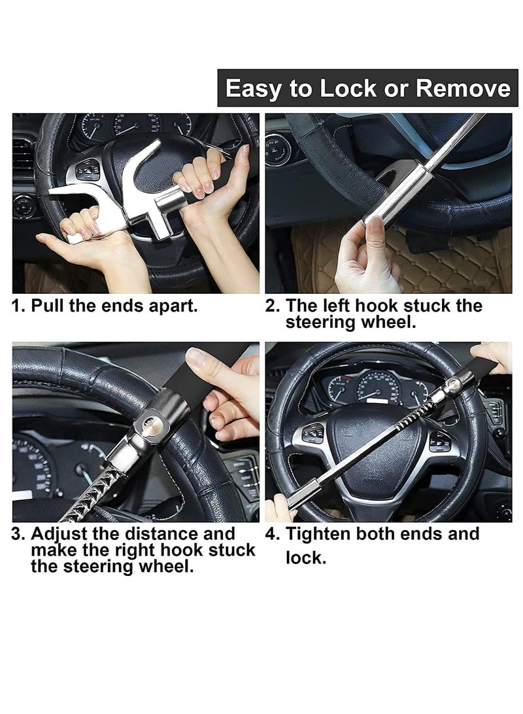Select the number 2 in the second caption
[271, 306]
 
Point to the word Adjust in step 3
[59, 534]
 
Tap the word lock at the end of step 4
[305, 558]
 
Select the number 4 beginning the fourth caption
[271, 534]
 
